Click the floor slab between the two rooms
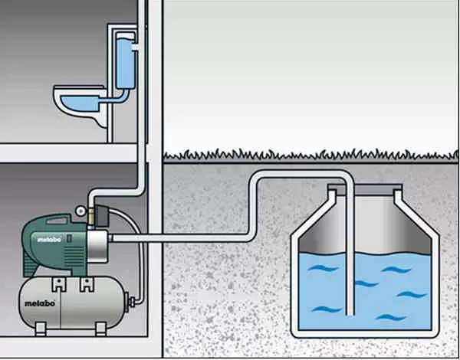69,152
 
